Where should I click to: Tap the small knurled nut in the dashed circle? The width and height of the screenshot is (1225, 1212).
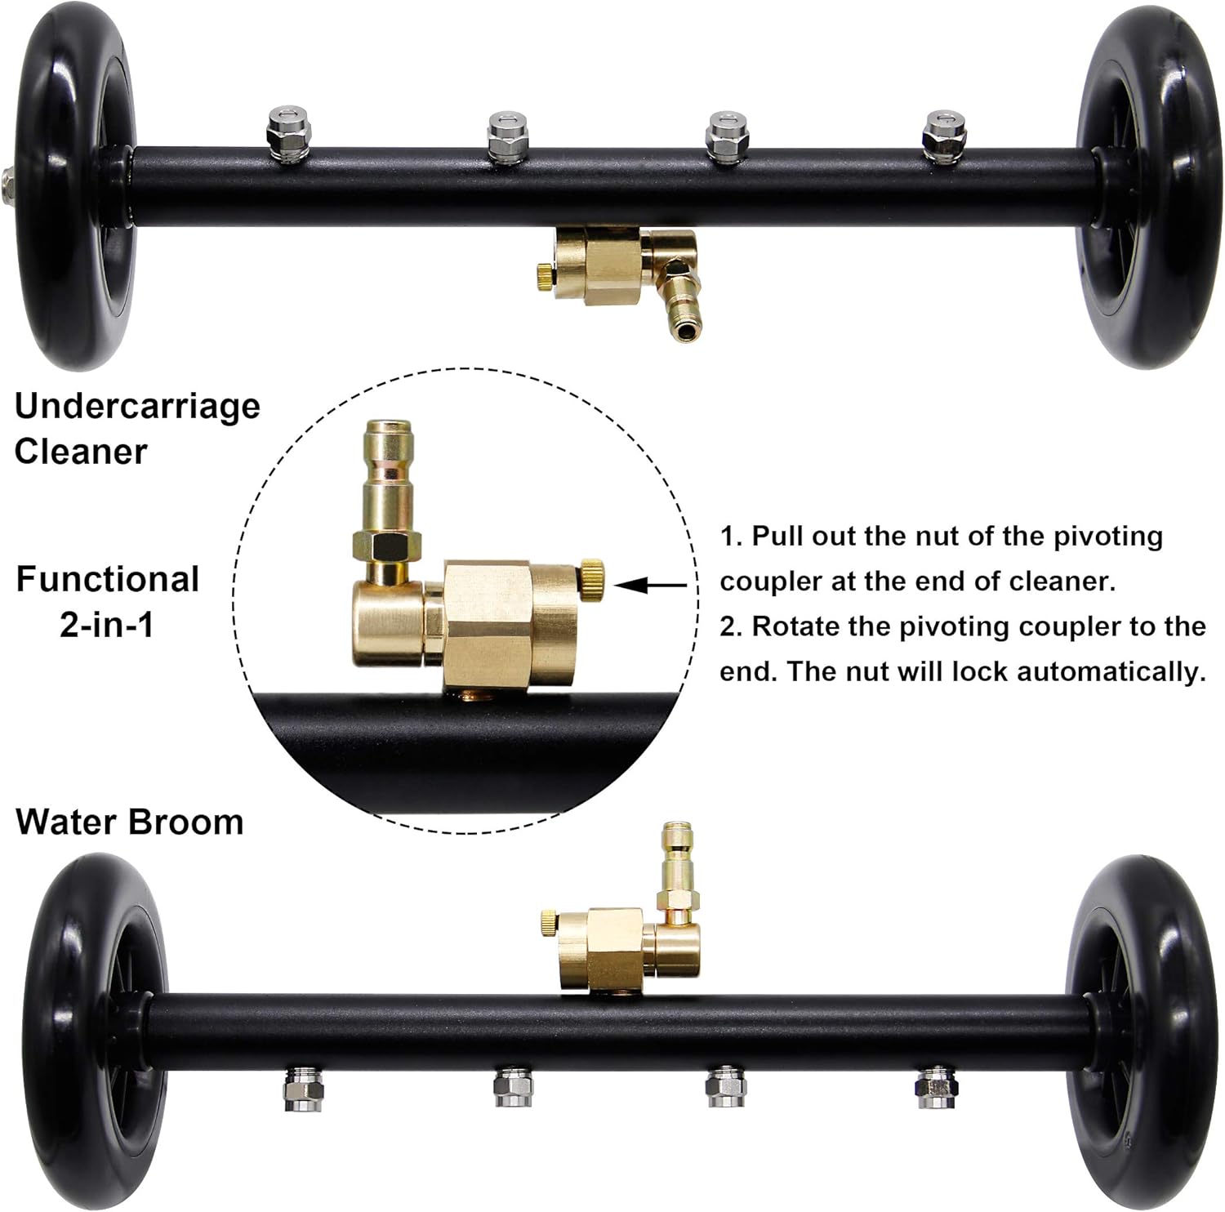(x=592, y=577)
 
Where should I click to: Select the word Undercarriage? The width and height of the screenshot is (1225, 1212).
(x=137, y=407)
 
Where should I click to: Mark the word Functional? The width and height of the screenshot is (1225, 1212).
(x=107, y=580)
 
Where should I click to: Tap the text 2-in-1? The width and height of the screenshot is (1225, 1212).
(x=107, y=625)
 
